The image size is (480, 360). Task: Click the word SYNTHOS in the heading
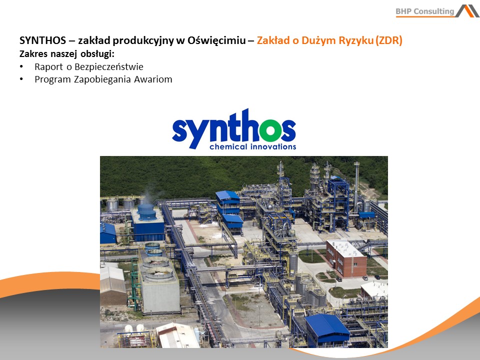42,40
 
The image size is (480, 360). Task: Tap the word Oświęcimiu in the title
216,40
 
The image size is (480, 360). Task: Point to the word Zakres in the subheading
33,54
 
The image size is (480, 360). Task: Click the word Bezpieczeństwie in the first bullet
109,66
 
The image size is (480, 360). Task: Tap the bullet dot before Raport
21,66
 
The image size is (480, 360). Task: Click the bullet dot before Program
21,79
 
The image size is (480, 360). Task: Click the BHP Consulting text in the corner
425,11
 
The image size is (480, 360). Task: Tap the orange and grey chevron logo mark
467,11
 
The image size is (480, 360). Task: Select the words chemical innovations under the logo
253,146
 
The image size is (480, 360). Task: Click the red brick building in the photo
346,258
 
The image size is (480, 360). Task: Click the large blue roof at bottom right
327,325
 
